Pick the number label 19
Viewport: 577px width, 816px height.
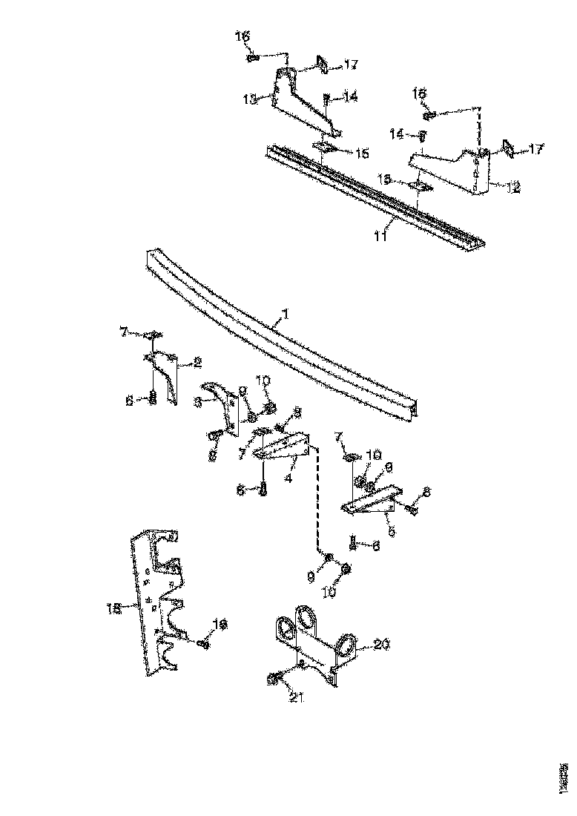pos(220,624)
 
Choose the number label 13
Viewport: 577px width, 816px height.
pos(251,99)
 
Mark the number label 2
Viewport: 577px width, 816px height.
pos(197,362)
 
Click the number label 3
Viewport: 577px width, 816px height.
pos(199,402)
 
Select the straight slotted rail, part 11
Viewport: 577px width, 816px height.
pos(371,193)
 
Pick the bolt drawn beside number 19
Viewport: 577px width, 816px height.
pos(203,643)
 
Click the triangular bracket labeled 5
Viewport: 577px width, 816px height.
pos(371,503)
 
